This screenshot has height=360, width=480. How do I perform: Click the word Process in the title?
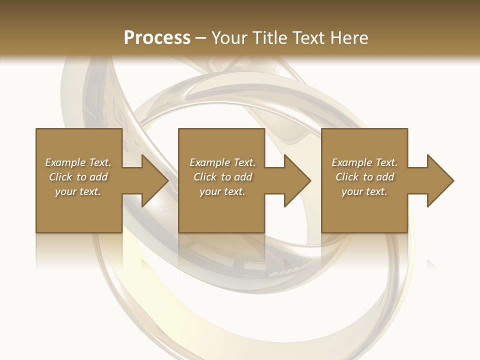coord(157,38)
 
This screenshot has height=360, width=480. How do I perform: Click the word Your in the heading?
coord(229,38)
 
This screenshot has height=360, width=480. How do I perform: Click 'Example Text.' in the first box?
coord(78,162)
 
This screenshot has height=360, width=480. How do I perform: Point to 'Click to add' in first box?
coord(78,177)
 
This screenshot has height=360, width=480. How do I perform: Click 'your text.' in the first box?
coord(78,191)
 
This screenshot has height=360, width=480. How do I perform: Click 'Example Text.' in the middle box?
coord(222,162)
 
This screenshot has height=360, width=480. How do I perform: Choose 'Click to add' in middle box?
coord(222,177)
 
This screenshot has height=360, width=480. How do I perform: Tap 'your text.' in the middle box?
coord(222,191)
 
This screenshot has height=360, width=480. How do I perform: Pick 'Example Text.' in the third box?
coord(364,162)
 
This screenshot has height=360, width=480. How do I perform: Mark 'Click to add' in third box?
coord(364,177)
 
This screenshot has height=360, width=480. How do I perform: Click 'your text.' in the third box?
coord(364,191)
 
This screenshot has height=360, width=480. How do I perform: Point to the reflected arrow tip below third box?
coord(431,263)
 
